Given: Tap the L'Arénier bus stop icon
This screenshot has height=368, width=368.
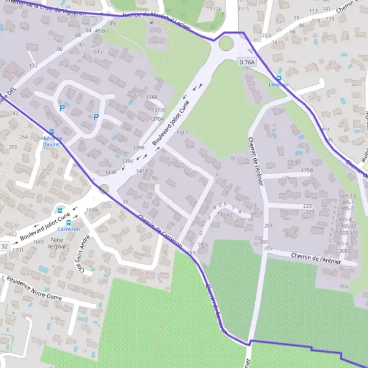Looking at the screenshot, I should [279, 79].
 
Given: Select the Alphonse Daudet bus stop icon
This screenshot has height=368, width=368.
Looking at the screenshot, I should [51, 131].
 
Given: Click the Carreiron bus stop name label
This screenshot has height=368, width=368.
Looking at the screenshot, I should [69, 228].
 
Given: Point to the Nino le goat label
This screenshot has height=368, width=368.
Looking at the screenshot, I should [58, 243].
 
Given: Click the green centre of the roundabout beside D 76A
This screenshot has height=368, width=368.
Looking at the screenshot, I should [226, 44].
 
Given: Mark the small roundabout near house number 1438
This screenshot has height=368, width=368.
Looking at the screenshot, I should [104, 189].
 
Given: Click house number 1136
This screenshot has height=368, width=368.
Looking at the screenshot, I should [215, 10].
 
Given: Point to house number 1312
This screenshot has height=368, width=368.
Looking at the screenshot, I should [182, 132].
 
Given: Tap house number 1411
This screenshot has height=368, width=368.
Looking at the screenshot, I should [142, 171].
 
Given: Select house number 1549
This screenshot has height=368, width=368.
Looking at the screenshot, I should [91, 210].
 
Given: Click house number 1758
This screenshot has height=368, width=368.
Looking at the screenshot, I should [307, 171].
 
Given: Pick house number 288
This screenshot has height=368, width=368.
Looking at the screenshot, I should [264, 243].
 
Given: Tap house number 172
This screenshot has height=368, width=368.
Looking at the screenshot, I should [33, 65].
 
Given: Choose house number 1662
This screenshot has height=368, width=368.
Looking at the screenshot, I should [11, 235].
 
